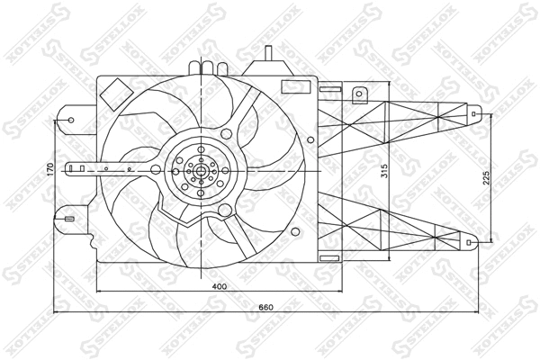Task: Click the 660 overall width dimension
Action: pos(265,308)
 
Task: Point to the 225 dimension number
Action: pos(487,178)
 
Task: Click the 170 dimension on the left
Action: pos(51,168)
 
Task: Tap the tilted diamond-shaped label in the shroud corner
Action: pos(115,93)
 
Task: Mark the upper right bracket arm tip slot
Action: pos(475,114)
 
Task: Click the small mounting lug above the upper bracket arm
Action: pos(359,94)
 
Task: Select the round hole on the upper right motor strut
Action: pos(241,120)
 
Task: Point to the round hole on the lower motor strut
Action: pos(222,212)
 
